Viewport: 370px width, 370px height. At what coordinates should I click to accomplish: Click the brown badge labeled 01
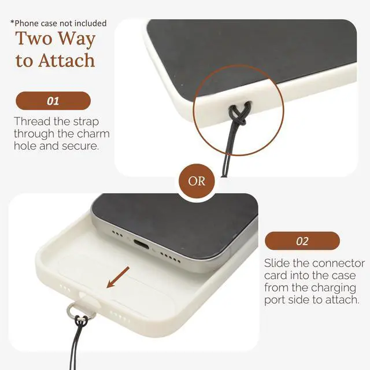pyautogui.click(x=53, y=101)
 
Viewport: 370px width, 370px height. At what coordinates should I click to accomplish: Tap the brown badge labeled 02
pyautogui.click(x=302, y=241)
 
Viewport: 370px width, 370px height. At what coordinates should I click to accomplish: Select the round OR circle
pyautogui.click(x=197, y=181)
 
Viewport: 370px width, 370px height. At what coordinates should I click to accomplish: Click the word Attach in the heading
pyautogui.click(x=67, y=61)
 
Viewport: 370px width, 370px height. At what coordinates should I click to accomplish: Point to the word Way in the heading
pyautogui.click(x=76, y=39)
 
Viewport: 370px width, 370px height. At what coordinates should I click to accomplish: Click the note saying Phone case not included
pyautogui.click(x=58, y=23)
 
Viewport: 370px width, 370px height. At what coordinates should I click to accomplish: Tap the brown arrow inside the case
pyautogui.click(x=118, y=277)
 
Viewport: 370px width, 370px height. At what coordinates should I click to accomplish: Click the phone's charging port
pyautogui.click(x=141, y=244)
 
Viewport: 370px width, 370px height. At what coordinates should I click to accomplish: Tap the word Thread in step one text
pyautogui.click(x=32, y=121)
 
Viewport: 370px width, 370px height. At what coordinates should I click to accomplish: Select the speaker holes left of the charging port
pyautogui.click(x=117, y=234)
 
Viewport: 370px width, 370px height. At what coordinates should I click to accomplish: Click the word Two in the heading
pyautogui.click(x=34, y=38)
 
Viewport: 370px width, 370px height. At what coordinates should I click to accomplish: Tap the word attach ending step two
pyautogui.click(x=342, y=300)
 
